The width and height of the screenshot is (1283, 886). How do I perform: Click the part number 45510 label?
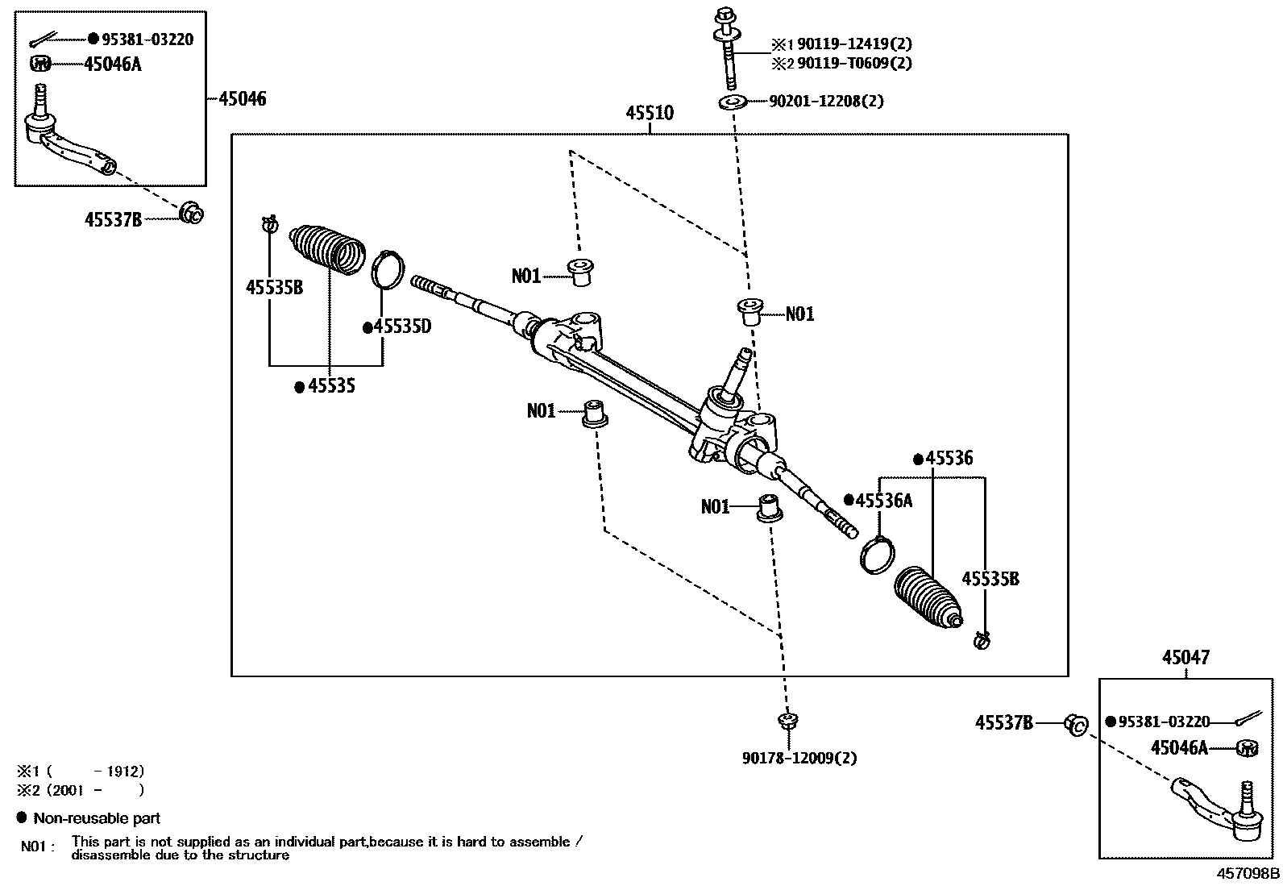tap(649, 114)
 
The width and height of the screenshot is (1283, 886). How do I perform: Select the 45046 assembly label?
tap(242, 99)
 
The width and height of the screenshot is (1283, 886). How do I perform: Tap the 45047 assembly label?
tap(1185, 658)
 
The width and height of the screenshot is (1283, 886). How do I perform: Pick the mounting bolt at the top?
tap(728, 48)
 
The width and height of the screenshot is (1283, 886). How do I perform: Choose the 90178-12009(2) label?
tap(799, 758)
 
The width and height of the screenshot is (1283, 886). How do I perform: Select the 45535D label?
tap(402, 327)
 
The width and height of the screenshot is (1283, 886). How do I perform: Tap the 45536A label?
tap(883, 501)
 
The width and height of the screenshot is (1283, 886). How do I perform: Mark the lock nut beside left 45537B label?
tap(192, 213)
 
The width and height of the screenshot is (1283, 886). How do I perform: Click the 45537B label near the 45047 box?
tap(1003, 723)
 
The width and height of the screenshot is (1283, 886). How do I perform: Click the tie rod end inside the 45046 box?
tap(69, 141)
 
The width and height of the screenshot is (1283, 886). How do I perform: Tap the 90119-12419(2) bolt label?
tap(854, 44)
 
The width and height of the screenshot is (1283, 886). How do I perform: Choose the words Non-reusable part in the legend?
tap(97, 818)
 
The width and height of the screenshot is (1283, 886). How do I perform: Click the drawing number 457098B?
tap(1248, 873)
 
